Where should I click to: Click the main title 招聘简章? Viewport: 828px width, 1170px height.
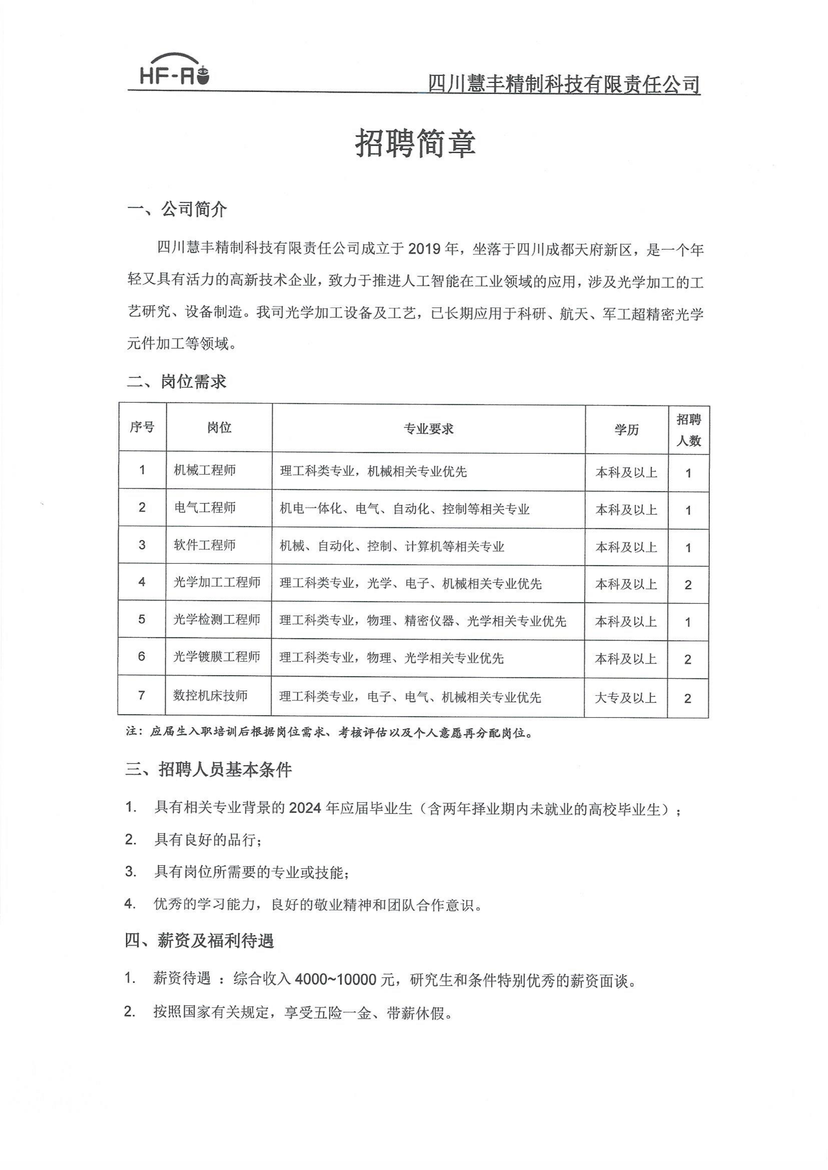point(415,143)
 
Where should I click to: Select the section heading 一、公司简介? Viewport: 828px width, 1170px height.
point(177,209)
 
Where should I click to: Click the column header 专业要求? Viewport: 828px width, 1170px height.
point(428,429)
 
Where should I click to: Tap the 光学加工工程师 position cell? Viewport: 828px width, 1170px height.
point(217,582)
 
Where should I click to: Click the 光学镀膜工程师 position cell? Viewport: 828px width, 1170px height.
point(217,657)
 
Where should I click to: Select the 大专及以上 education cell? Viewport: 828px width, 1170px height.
point(626,697)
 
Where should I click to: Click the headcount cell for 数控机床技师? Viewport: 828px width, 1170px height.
point(688,698)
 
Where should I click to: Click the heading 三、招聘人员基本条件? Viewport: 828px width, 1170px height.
point(209,769)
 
